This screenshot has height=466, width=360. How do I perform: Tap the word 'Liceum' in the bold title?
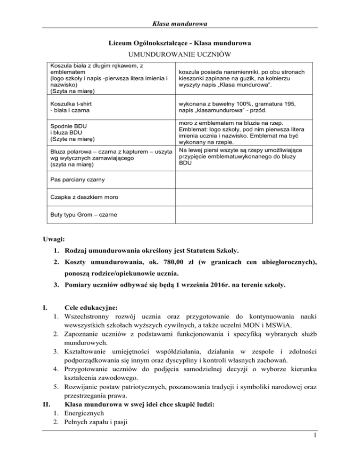click(x=120, y=44)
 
